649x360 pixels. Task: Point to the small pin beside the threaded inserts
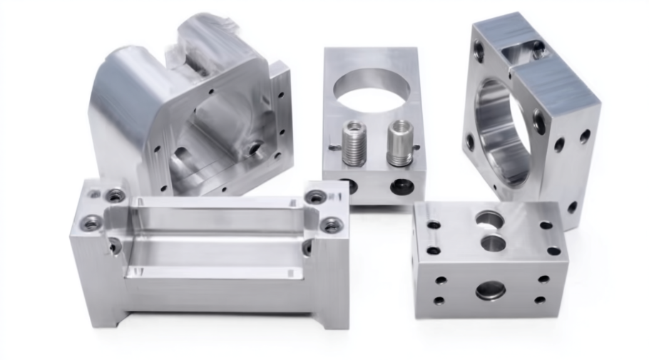(x=334, y=148)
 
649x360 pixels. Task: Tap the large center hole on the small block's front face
(x=491, y=289)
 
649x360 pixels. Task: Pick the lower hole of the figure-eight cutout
(x=493, y=242)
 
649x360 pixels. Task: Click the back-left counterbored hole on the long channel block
(x=114, y=195)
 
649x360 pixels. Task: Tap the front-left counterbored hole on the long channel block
(x=91, y=223)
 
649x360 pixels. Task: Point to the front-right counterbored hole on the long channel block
(x=332, y=225)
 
